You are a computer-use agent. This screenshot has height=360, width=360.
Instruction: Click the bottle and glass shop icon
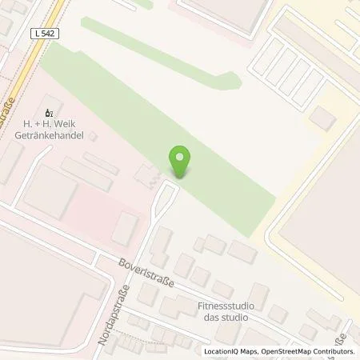click(x=50, y=113)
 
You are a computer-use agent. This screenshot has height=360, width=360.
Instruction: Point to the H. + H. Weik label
click(x=50, y=126)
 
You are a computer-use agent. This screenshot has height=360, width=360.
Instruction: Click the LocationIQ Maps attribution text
click(x=230, y=351)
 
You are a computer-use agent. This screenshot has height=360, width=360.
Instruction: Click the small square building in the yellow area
click(x=322, y=118)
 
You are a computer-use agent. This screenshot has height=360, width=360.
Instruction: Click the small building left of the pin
click(x=146, y=173)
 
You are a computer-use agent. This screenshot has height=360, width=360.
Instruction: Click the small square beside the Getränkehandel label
click(x=93, y=137)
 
